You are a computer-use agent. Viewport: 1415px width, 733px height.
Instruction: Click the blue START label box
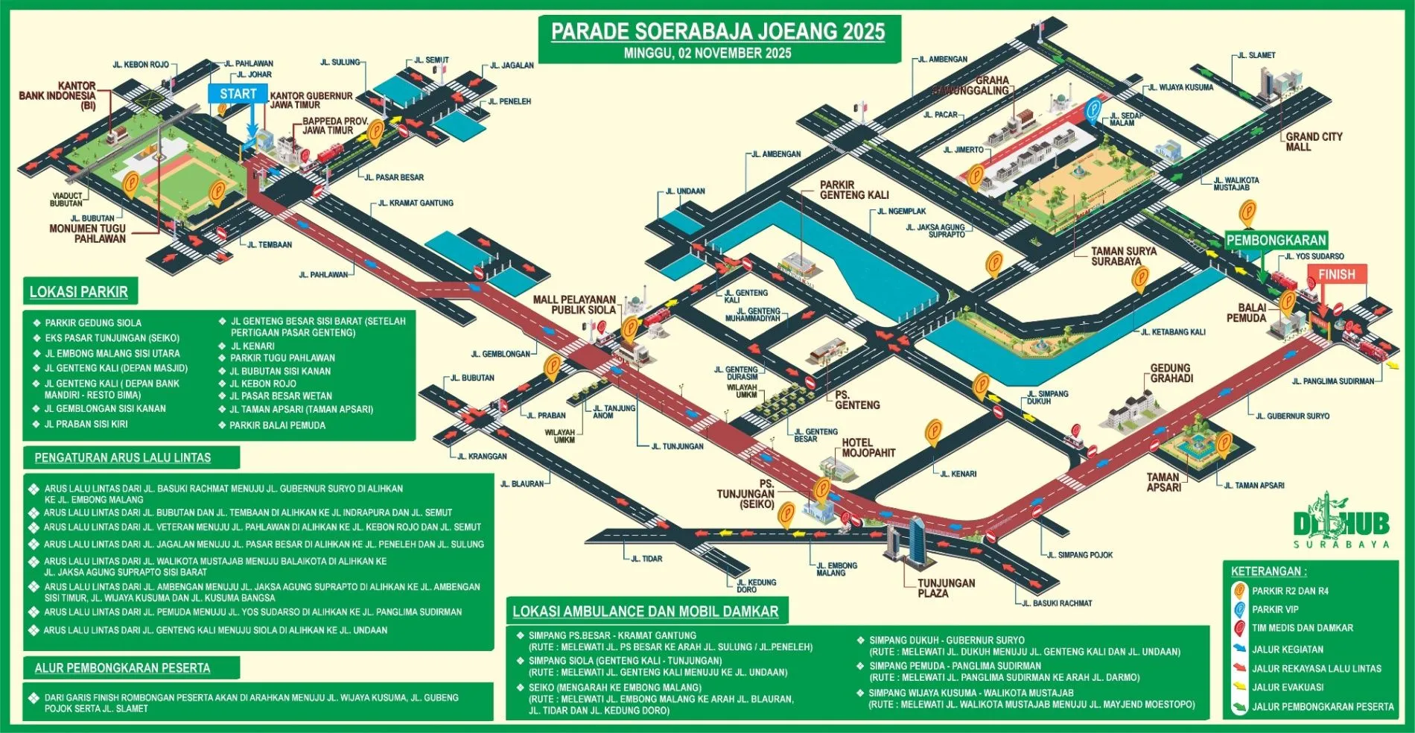pyautogui.click(x=238, y=94)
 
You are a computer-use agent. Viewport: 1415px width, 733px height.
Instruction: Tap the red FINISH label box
pyautogui.click(x=1337, y=274)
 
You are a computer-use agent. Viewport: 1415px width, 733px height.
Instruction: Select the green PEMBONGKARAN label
pyautogui.click(x=1276, y=240)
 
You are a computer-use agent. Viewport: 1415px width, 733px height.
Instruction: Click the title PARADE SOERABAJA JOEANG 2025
pyautogui.click(x=718, y=31)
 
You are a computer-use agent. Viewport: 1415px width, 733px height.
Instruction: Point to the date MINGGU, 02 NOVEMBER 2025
pyautogui.click(x=707, y=53)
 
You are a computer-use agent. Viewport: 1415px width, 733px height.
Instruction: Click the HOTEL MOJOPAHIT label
pyautogui.click(x=868, y=448)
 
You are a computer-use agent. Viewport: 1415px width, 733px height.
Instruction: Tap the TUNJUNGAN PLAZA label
pyautogui.click(x=946, y=588)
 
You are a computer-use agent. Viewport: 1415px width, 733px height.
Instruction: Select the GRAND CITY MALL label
pyautogui.click(x=1313, y=142)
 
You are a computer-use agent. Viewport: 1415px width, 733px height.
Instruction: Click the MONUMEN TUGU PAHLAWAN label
pyautogui.click(x=87, y=233)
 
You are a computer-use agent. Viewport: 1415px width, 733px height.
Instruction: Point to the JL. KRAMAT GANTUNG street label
pyautogui.click(x=416, y=203)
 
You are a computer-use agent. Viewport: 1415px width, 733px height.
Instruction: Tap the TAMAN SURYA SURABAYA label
pyautogui.click(x=1123, y=256)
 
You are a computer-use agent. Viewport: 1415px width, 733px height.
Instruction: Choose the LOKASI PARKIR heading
pyautogui.click(x=79, y=292)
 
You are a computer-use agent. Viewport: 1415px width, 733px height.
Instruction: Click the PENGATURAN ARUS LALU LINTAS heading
pyautogui.click(x=123, y=457)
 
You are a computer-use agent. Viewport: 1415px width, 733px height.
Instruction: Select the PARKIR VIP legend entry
pyautogui.click(x=1275, y=609)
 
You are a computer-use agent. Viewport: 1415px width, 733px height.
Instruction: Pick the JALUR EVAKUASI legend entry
pyautogui.click(x=1287, y=688)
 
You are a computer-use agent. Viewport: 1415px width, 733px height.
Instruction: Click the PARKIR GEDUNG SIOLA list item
pyautogui.click(x=93, y=323)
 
